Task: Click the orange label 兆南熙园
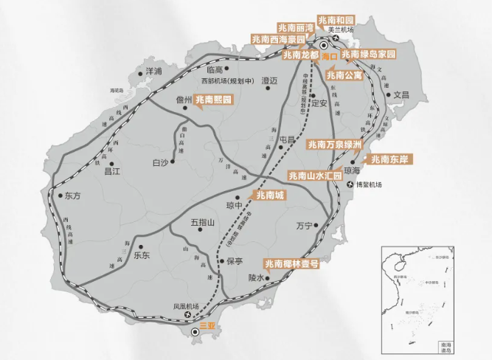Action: coord(214,98)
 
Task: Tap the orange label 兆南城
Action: coord(269,195)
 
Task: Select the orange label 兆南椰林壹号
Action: coord(291,263)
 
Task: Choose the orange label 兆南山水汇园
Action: coord(316,176)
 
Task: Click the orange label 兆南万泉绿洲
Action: coord(334,145)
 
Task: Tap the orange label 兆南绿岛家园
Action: coord(368,55)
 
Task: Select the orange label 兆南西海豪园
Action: coord(277,39)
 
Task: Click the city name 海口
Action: coord(329,56)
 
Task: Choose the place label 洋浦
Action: coord(153,72)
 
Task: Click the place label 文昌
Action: coord(401,94)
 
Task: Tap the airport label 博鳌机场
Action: coord(368,184)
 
